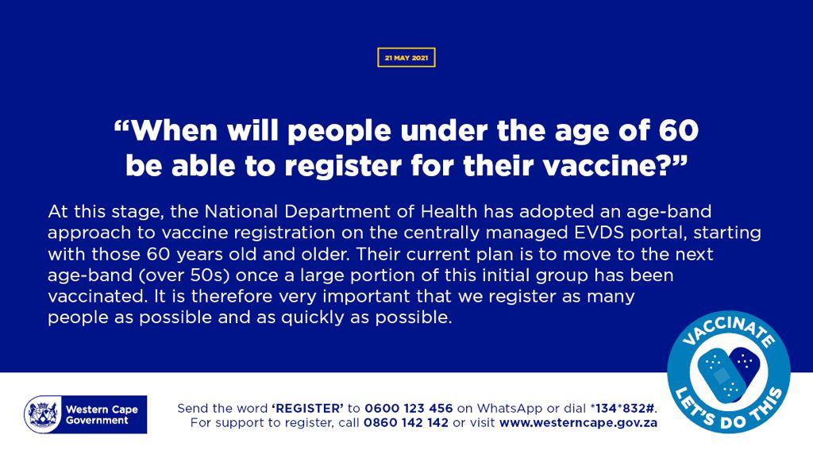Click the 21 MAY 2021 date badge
click(x=406, y=57)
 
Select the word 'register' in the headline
click(x=343, y=166)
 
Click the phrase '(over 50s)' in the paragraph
click(x=183, y=275)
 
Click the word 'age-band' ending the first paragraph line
click(x=669, y=212)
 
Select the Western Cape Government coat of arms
click(x=43, y=414)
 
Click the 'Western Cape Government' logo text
click(x=102, y=414)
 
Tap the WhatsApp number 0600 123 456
click(x=409, y=408)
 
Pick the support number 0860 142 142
click(x=406, y=423)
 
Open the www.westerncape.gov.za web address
click(x=578, y=423)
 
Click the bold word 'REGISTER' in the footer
click(x=308, y=408)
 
